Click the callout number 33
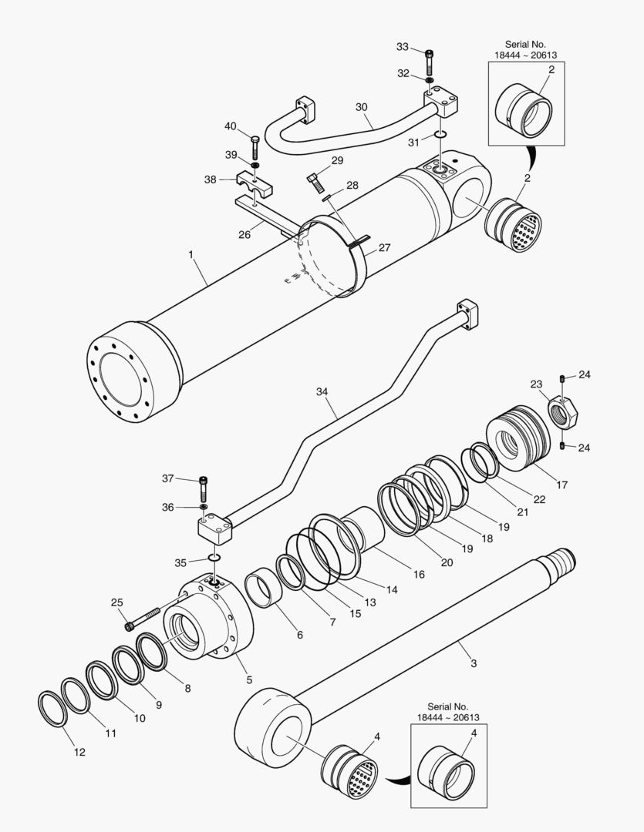pos(402,47)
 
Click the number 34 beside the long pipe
pos(322,392)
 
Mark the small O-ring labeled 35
pos(215,558)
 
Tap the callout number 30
pos(362,107)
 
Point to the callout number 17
pos(561,485)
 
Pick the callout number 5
pos(249,679)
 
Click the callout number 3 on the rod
pos(474,663)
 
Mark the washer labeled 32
pos(429,79)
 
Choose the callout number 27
pos(383,249)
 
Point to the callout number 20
pos(447,562)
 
